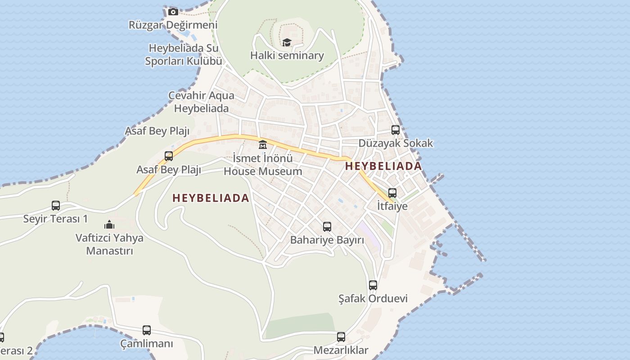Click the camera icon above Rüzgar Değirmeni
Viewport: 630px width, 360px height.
click(x=173, y=12)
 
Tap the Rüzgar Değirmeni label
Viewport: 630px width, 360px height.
click(x=173, y=25)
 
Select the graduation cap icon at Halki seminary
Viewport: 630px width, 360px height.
click(x=287, y=42)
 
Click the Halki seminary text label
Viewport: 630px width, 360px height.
click(x=287, y=55)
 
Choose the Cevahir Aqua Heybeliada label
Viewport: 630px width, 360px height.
click(x=202, y=102)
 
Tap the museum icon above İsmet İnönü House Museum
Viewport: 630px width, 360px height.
click(x=263, y=145)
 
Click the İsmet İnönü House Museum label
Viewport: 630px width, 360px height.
click(x=263, y=165)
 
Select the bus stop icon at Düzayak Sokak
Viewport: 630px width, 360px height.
click(x=396, y=130)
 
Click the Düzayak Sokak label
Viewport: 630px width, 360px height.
click(x=396, y=143)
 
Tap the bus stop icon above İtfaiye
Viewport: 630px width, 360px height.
click(x=392, y=193)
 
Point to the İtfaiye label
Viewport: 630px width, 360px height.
click(x=392, y=206)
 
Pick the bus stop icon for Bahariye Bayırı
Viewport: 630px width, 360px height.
click(x=327, y=227)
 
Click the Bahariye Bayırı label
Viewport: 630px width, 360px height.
click(x=327, y=240)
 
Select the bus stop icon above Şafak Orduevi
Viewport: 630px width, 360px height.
click(x=373, y=285)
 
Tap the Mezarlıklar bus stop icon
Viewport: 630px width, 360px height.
click(x=341, y=337)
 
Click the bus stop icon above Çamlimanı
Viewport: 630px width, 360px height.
click(x=147, y=330)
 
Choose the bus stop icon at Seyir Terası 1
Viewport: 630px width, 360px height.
click(x=56, y=206)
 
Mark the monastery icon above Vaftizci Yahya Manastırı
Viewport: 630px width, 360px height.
click(x=109, y=225)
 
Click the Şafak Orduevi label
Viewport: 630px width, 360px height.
click(x=373, y=298)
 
